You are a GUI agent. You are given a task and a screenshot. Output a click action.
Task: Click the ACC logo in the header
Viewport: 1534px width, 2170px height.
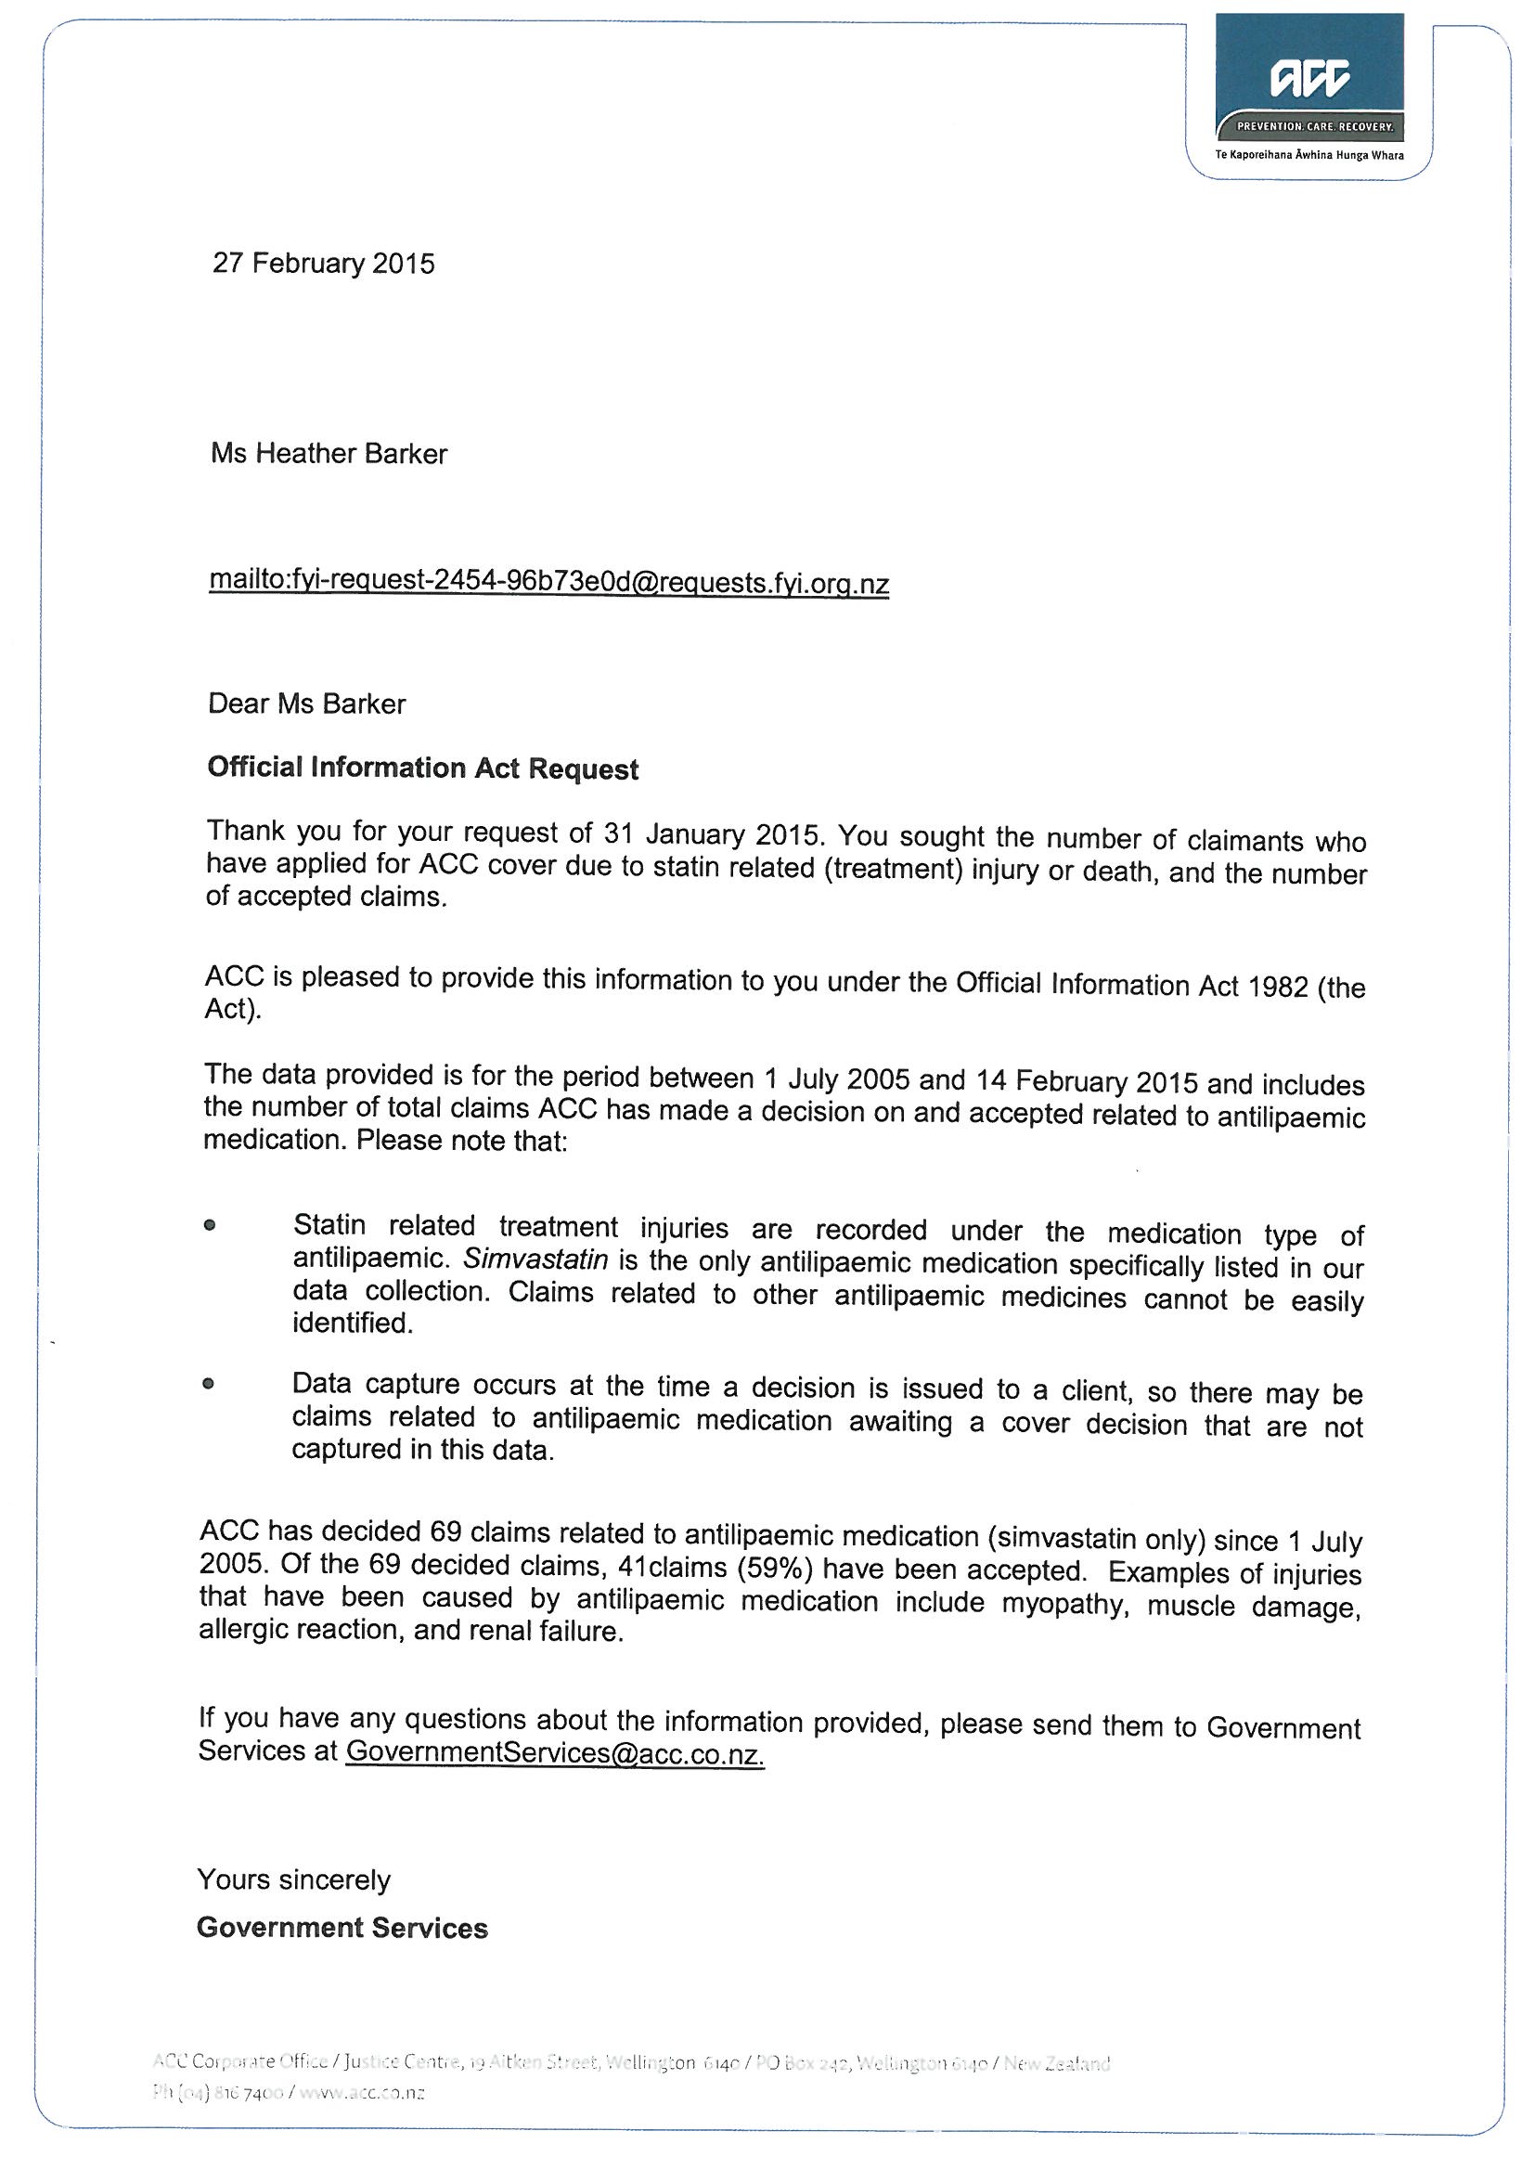point(1309,79)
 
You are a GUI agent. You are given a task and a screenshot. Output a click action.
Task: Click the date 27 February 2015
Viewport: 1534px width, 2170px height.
point(323,263)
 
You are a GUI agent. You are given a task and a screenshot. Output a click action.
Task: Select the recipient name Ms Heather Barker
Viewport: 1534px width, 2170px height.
point(329,454)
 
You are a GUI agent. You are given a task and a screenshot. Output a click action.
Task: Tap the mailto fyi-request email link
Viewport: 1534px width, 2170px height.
point(548,581)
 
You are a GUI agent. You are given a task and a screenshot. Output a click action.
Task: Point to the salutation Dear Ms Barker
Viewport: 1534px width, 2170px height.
point(306,704)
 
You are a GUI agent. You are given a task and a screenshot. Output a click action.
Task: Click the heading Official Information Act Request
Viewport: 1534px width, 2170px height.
point(422,768)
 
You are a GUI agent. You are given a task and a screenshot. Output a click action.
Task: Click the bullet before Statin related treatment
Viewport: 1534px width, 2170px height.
point(210,1226)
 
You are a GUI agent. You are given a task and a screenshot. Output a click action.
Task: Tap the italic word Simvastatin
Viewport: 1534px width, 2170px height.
point(535,1259)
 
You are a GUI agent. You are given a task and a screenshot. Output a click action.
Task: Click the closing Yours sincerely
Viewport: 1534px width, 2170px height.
point(293,1879)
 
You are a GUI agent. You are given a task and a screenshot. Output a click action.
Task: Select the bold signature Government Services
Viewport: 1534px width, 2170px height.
point(342,1928)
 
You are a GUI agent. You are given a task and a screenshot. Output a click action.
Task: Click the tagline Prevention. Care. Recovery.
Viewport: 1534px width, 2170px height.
point(1315,126)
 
